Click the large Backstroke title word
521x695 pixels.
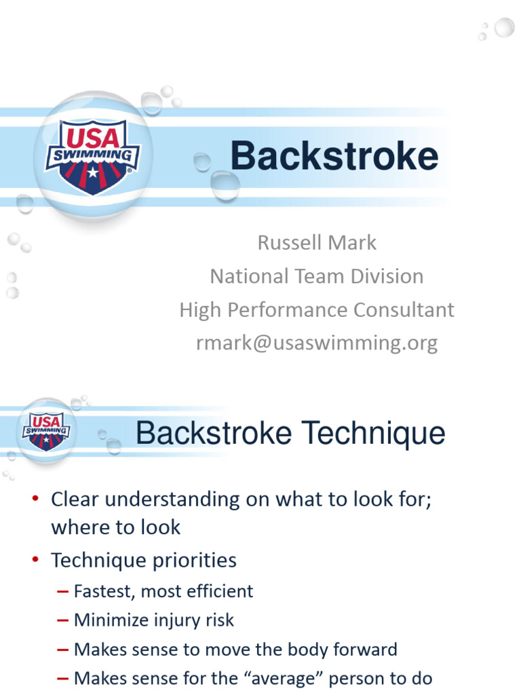coord(334,157)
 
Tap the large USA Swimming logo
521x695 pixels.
coord(92,155)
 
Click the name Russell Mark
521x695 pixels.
coord(317,242)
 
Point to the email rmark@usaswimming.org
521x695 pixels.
coord(317,343)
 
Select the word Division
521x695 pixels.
coord(386,276)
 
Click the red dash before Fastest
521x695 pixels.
coord(62,592)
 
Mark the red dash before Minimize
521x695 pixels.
coord(62,620)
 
